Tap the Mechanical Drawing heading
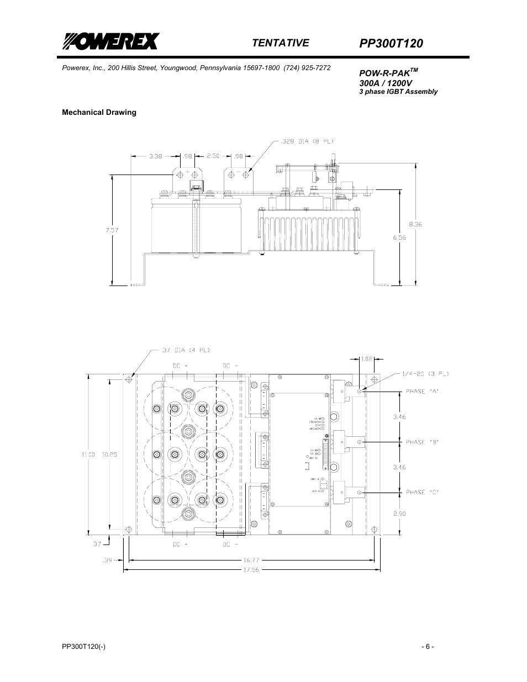(99, 112)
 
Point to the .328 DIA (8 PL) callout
(306, 141)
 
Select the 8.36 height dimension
(415, 224)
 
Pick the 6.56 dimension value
(400, 237)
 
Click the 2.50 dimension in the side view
(213, 156)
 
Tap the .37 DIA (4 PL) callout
(186, 350)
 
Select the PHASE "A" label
(422, 391)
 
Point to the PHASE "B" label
(422, 442)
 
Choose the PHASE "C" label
(422, 492)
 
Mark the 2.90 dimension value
(399, 514)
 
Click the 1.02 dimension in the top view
(366, 359)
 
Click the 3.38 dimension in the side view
(156, 156)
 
